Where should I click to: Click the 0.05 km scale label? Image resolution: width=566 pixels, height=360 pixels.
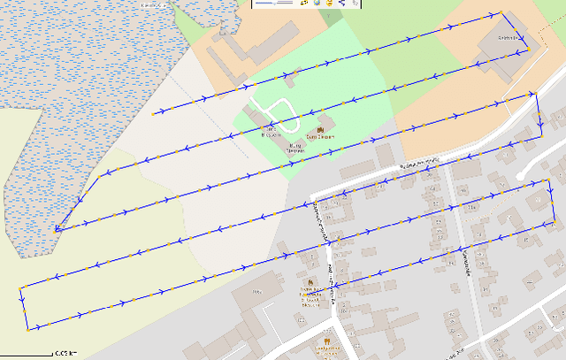(65, 354)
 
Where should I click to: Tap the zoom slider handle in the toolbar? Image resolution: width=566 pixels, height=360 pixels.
(276, 4)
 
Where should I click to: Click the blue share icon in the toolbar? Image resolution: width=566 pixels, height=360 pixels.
(342, 4)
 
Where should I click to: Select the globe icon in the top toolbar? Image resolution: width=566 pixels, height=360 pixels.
(317, 4)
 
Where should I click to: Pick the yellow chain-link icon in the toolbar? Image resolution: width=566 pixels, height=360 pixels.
(304, 4)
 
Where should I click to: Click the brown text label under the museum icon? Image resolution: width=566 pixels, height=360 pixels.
(295, 149)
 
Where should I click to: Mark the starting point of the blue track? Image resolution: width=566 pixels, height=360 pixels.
(153, 114)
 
